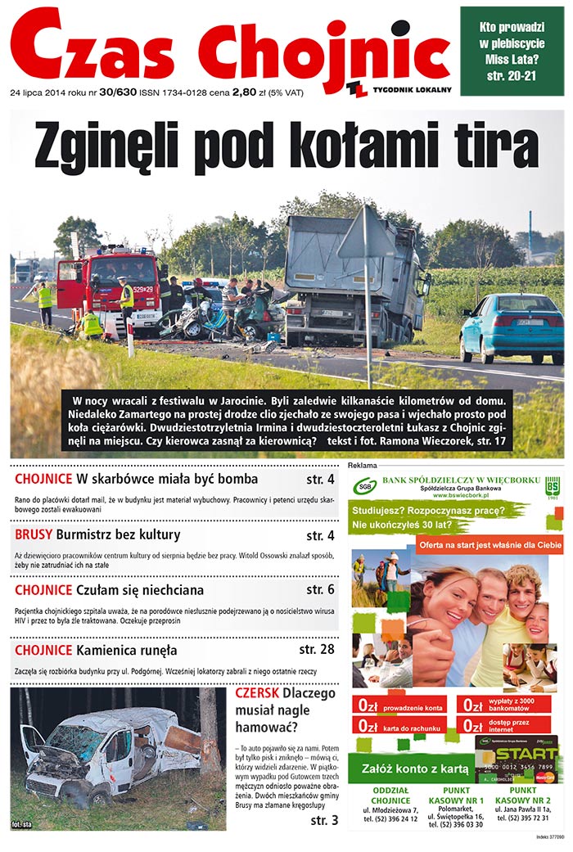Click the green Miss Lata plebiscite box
tap(512, 50)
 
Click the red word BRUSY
tap(34, 535)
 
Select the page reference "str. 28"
tap(316, 650)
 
